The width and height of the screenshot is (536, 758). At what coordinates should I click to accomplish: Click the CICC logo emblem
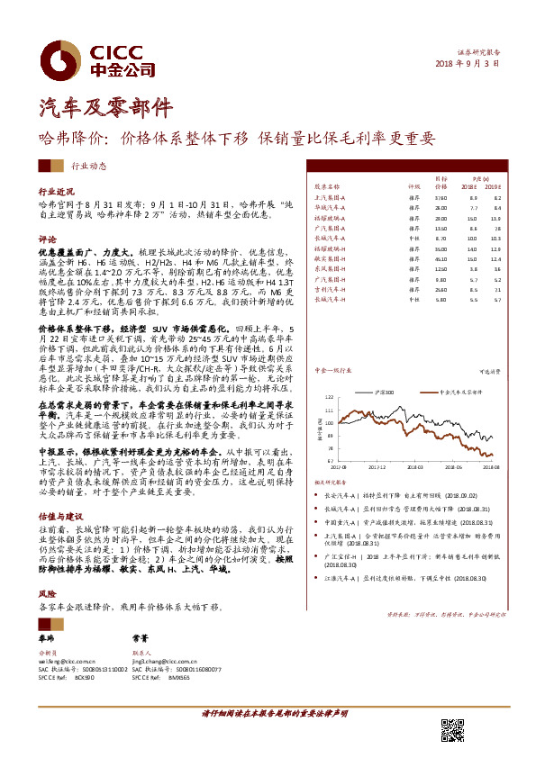(66, 59)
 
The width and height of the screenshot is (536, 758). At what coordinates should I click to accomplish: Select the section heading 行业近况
(57, 193)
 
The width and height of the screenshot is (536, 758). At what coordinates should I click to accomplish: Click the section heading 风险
(47, 620)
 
